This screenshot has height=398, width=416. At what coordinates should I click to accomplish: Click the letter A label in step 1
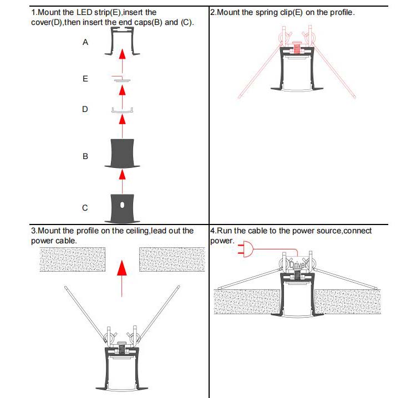point(85,43)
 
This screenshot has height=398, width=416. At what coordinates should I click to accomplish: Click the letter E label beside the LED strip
point(85,79)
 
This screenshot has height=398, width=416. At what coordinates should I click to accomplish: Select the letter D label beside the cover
point(85,109)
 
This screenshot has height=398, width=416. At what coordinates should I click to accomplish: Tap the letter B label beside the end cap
point(85,156)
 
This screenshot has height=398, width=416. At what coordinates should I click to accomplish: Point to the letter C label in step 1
point(85,208)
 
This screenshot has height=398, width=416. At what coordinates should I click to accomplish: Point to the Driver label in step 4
point(298,265)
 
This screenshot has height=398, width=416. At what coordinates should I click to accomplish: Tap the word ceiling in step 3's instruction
point(135,231)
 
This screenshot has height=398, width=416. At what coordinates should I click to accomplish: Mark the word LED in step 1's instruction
point(75,12)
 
